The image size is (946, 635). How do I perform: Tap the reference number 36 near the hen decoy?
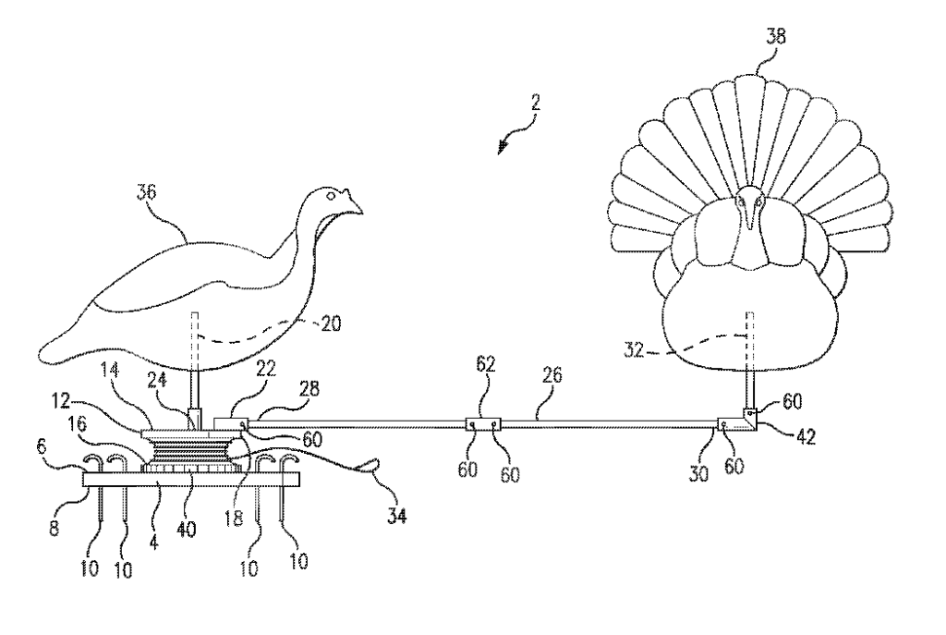146,194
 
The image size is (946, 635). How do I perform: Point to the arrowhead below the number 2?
503,149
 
